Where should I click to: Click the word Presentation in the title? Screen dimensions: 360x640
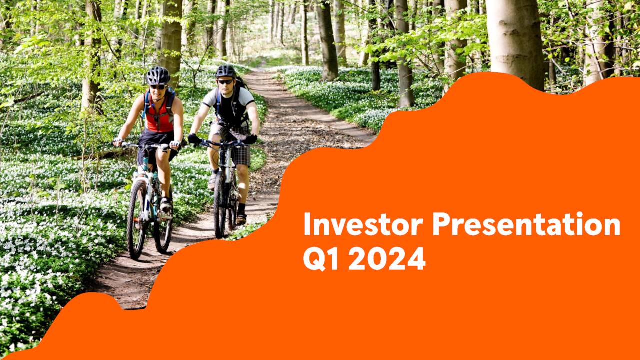coord(526,225)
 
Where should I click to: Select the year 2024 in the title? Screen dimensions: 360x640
coord(386,259)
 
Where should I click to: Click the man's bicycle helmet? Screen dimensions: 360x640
coord(226,71)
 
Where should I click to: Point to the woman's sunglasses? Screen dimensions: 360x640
coord(158,87)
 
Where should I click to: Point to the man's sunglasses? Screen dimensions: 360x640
coord(226,81)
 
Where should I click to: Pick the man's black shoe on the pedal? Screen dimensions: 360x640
coord(241,218)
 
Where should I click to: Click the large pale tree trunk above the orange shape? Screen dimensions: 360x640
coord(514,40)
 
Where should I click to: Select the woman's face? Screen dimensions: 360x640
coord(158,90)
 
